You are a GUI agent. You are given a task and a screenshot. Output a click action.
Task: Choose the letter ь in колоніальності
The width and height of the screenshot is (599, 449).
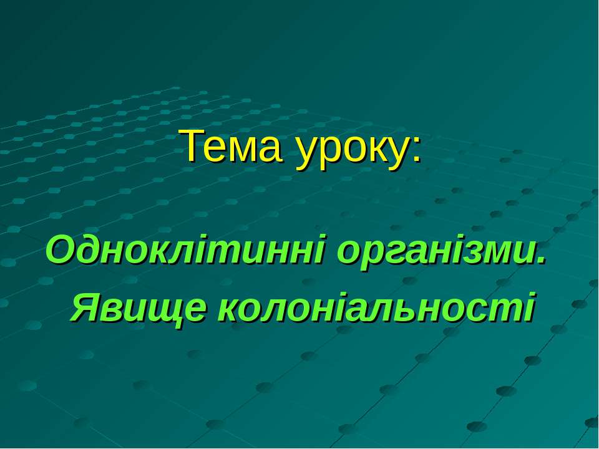pyautogui.click(x=424, y=309)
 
